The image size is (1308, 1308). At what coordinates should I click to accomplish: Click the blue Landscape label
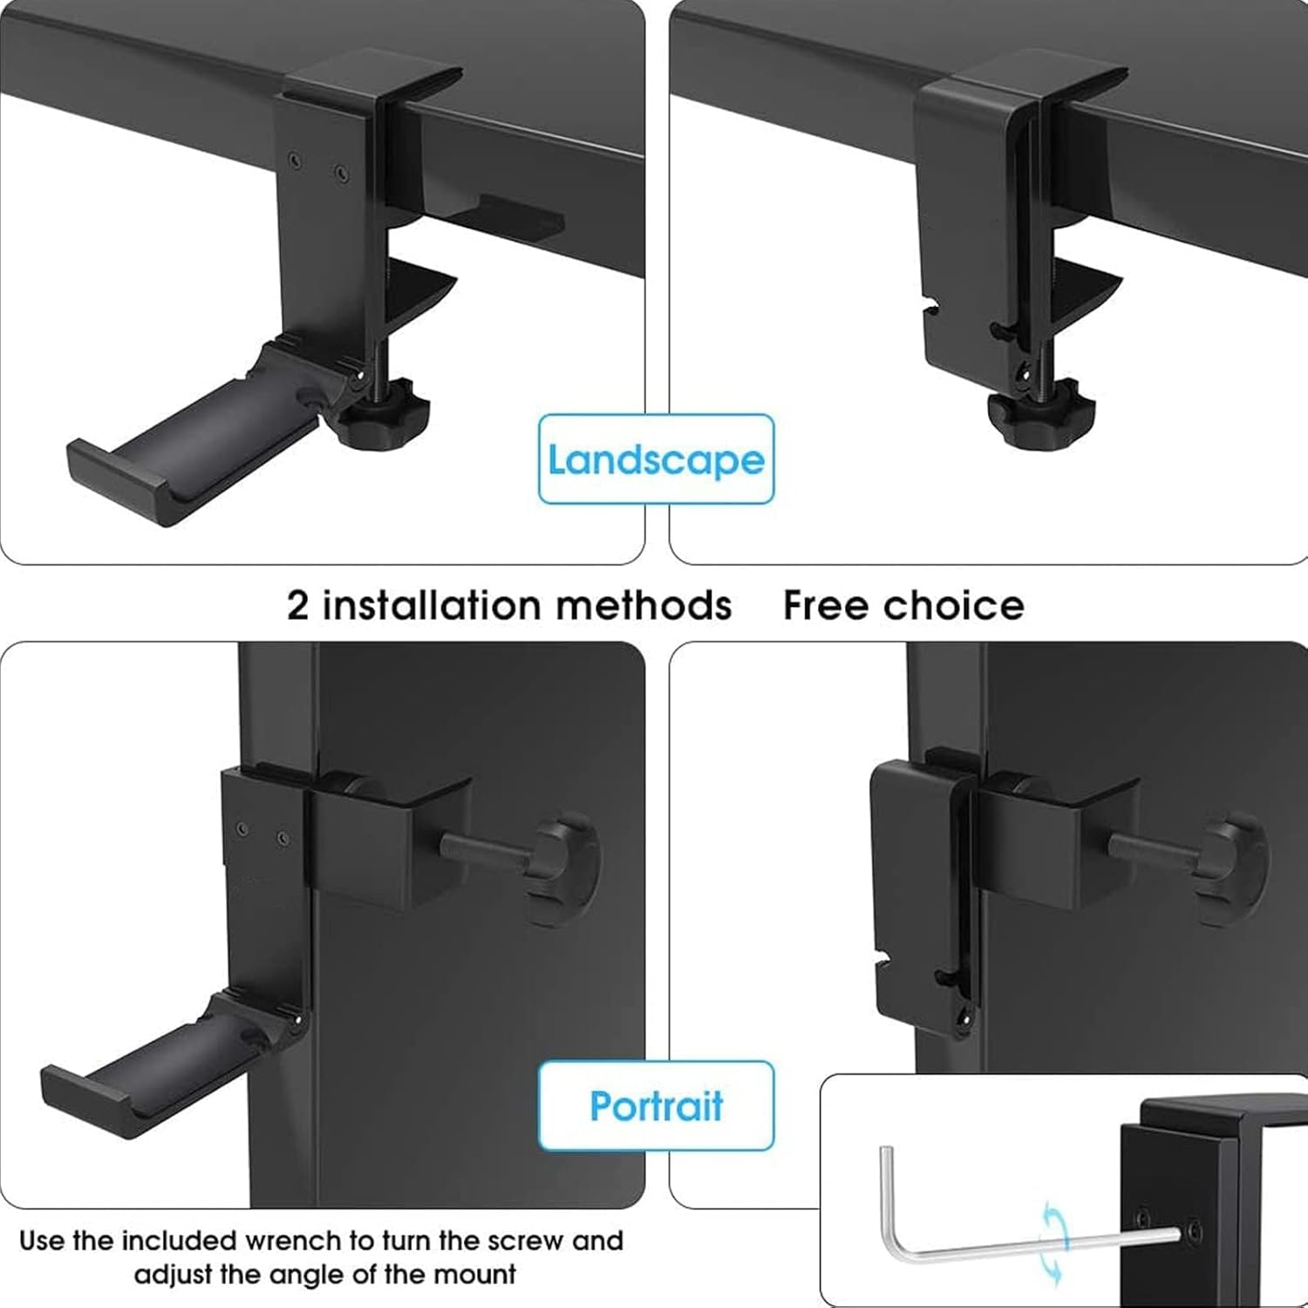click(x=656, y=460)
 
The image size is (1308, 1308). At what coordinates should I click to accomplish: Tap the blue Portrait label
click(x=656, y=1106)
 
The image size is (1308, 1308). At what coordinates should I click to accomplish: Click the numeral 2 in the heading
click(x=298, y=605)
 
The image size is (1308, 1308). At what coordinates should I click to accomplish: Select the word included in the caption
click(x=180, y=1241)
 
